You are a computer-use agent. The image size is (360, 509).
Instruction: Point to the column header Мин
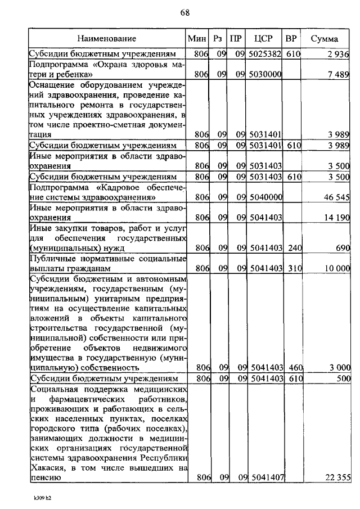click(197, 39)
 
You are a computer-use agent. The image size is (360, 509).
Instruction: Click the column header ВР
click(291, 39)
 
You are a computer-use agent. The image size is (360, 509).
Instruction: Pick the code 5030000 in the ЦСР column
click(264, 75)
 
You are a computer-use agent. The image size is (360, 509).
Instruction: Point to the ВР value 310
click(292, 268)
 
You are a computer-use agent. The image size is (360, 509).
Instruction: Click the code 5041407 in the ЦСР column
click(264, 478)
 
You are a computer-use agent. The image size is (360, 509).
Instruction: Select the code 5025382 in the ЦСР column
click(264, 55)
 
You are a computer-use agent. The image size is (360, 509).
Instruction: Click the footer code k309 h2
click(42, 498)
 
